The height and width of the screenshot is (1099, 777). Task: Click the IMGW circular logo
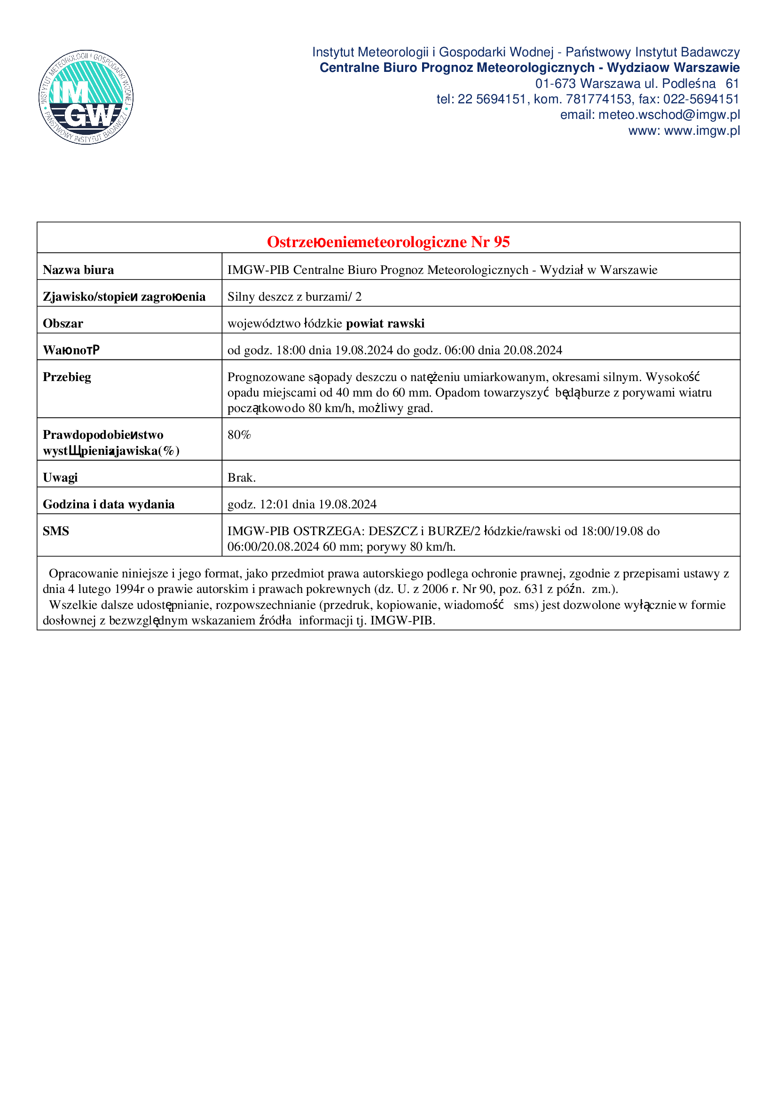click(86, 97)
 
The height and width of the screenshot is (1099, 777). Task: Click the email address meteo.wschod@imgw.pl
click(669, 115)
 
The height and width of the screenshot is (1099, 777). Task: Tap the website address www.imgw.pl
click(702, 131)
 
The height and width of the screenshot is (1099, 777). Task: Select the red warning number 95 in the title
click(502, 242)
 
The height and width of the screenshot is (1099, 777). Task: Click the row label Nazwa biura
click(78, 270)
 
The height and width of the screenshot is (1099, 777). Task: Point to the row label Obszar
click(63, 324)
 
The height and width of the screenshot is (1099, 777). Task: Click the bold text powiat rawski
click(385, 324)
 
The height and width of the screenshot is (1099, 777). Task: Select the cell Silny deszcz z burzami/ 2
click(294, 297)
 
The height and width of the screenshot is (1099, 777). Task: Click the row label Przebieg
click(67, 377)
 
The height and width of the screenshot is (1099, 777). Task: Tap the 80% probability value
click(239, 435)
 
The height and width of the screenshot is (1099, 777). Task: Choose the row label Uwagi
click(60, 478)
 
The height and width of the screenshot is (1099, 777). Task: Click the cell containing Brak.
click(241, 478)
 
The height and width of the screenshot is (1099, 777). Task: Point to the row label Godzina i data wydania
click(109, 505)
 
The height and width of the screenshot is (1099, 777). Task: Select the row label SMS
click(56, 531)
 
